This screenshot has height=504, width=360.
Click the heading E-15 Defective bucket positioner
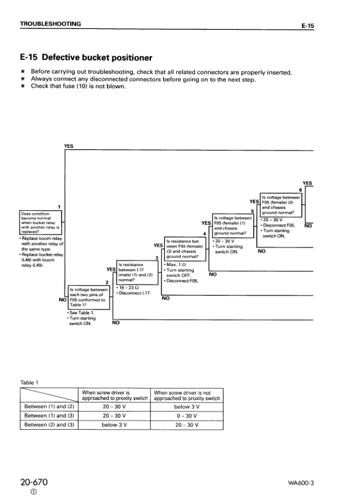tap(86, 58)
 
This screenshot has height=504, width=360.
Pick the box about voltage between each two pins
tap(89, 296)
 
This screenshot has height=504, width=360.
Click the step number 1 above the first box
tap(59, 207)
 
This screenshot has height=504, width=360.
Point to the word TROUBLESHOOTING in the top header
tap(50, 24)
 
